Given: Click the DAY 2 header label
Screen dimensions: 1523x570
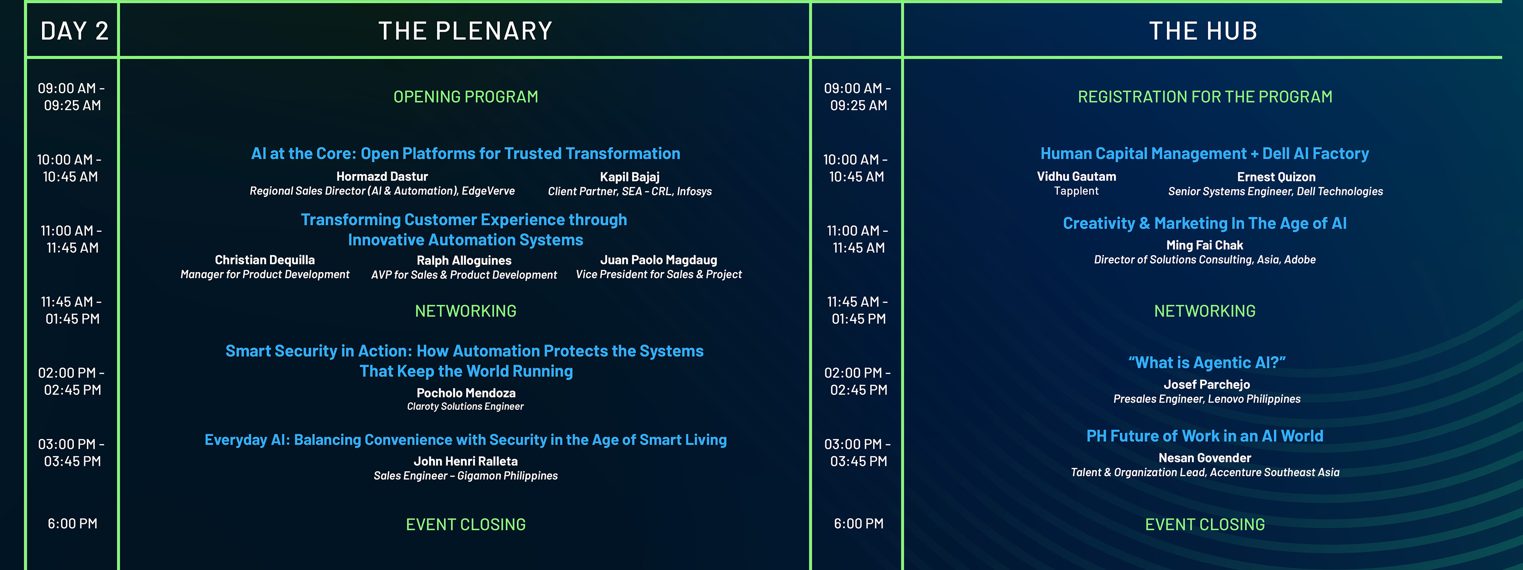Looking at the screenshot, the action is click(75, 31).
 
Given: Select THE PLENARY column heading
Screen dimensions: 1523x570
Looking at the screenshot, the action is click(465, 31).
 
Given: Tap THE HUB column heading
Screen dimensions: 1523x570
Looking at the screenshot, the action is click(1203, 31).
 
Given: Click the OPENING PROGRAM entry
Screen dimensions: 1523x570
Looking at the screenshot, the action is click(466, 96).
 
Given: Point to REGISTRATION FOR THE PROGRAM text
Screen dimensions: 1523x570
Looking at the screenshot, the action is click(1205, 96).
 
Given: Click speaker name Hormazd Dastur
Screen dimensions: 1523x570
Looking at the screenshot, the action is click(382, 176).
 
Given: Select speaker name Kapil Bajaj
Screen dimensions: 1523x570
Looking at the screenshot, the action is click(630, 177).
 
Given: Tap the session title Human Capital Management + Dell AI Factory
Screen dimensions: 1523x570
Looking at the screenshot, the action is click(1205, 154).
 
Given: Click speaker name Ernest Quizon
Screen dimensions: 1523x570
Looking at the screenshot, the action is click(1276, 177).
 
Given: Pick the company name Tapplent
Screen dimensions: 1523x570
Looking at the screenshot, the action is click(1076, 191).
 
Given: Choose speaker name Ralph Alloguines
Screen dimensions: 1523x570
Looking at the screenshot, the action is click(464, 260).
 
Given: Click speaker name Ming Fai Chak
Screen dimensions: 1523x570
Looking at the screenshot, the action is click(1205, 245).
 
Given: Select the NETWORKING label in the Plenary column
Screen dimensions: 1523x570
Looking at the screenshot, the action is click(466, 311).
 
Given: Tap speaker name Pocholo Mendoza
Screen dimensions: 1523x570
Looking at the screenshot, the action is click(466, 392).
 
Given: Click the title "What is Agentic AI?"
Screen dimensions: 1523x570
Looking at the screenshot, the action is click(1207, 362).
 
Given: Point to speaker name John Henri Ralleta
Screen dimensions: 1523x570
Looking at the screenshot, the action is click(466, 461).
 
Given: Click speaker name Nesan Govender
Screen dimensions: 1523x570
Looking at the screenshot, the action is click(1205, 458).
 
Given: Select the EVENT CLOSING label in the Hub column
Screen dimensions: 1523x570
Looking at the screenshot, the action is click(1205, 524).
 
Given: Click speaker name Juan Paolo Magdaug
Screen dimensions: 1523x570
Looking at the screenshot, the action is click(659, 260).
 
